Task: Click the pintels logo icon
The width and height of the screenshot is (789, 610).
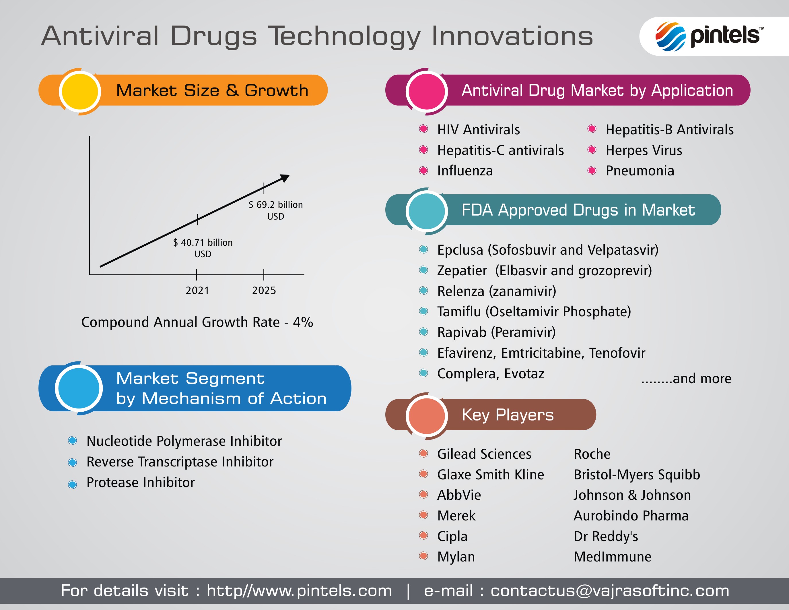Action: tap(671, 36)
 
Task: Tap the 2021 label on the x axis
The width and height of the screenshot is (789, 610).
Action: tap(197, 291)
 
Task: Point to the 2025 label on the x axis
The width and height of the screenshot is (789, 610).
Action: tap(264, 291)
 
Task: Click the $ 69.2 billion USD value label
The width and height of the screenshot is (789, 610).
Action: tap(276, 210)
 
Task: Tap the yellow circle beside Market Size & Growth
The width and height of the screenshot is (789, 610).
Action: tap(79, 91)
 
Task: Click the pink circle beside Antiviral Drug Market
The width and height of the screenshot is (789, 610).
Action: tap(427, 91)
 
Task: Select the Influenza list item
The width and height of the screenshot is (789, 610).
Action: tap(465, 171)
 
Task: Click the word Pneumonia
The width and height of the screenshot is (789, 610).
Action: tap(640, 171)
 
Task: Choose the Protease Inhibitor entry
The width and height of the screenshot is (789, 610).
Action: tap(141, 483)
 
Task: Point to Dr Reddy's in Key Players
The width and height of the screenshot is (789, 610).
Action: tap(606, 536)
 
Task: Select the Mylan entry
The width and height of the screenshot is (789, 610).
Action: tap(456, 557)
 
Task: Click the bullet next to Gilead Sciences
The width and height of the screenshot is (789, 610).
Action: tap(423, 453)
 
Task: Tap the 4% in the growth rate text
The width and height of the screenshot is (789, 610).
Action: tap(303, 322)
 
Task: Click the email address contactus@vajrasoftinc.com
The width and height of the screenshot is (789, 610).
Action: tap(610, 591)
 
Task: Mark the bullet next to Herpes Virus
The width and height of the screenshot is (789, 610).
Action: tap(592, 150)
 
